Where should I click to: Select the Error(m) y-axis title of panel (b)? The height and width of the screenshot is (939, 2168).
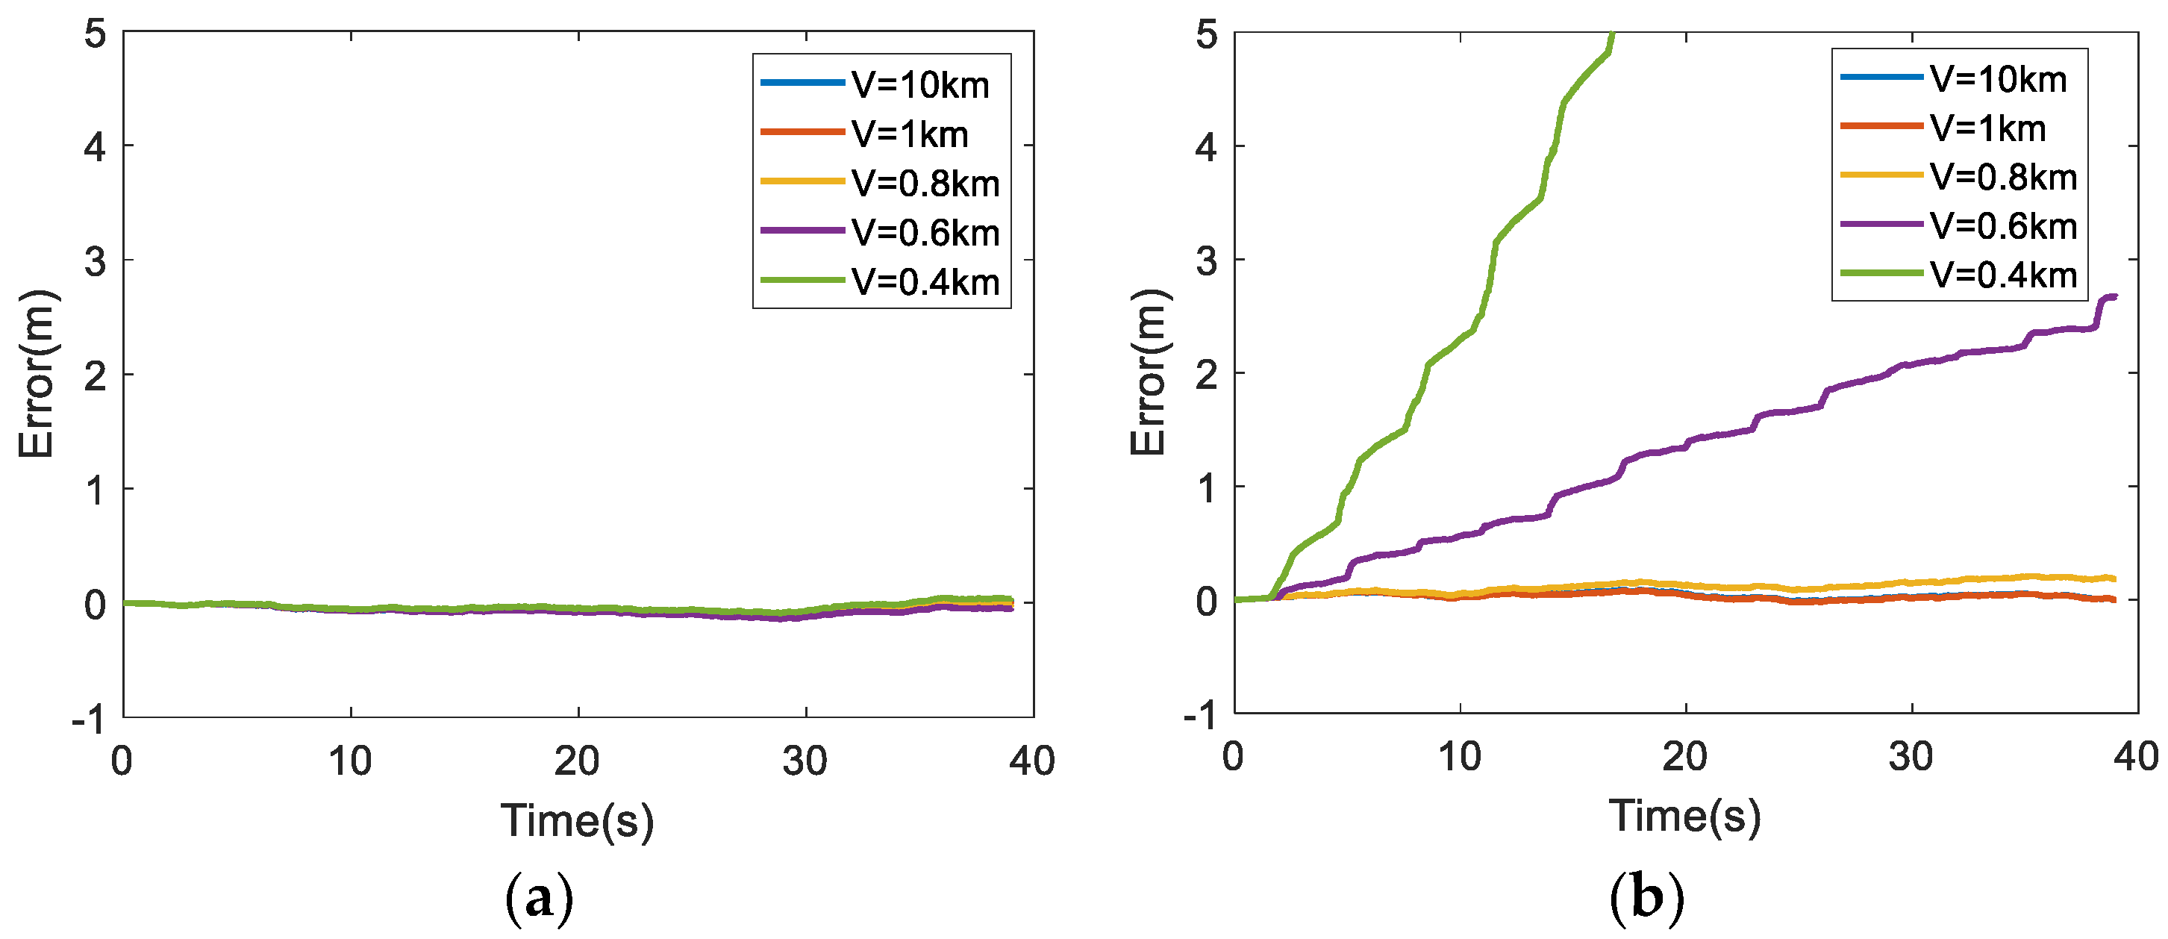click(x=1148, y=372)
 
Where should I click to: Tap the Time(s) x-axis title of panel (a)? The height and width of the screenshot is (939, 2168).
click(x=578, y=820)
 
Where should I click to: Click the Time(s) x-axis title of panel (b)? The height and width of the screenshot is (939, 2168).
click(x=1684, y=815)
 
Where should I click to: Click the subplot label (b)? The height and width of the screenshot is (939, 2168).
click(x=1647, y=897)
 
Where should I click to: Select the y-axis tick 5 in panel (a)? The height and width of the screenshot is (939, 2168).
click(x=95, y=35)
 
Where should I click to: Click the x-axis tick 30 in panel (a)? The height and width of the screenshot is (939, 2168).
click(x=805, y=761)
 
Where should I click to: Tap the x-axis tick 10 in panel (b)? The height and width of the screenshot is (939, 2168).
click(x=1459, y=756)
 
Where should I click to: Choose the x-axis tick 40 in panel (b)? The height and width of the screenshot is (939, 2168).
click(x=2136, y=756)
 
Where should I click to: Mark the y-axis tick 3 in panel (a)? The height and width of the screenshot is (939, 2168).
click(x=95, y=262)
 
